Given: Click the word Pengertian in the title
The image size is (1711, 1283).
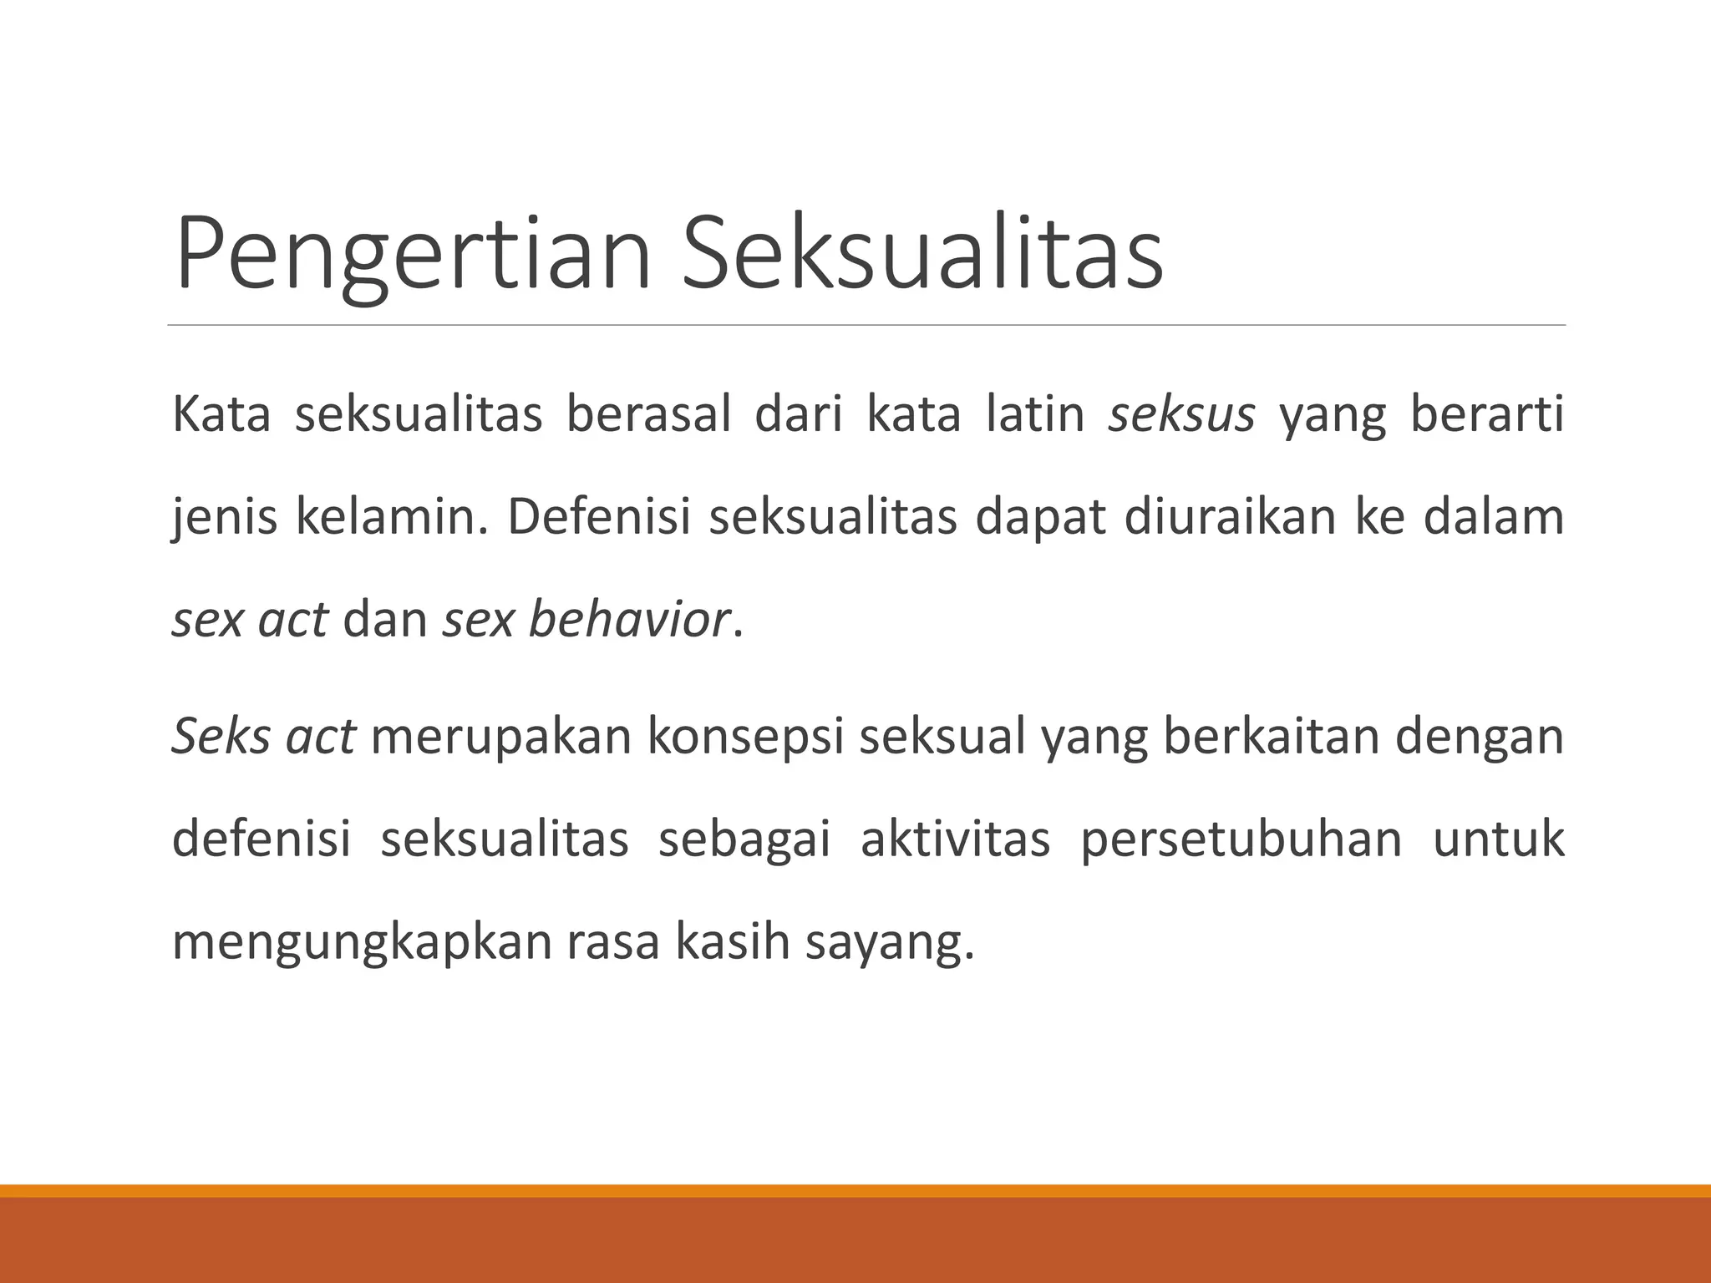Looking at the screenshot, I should point(413,255).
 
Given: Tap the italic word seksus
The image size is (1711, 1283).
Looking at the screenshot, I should point(1181,415).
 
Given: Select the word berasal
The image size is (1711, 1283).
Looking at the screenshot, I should point(648,415).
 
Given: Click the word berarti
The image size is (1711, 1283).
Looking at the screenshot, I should point(1487,415).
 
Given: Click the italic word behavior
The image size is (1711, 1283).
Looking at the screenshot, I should point(629,621).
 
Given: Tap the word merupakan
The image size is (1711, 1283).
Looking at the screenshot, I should point(500,737).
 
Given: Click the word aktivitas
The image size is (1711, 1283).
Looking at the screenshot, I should point(955,839).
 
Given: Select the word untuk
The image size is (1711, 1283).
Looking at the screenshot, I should point(1499,839).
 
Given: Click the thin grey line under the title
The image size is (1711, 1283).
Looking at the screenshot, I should point(866,325).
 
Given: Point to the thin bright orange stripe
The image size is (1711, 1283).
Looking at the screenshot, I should point(855,1190).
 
